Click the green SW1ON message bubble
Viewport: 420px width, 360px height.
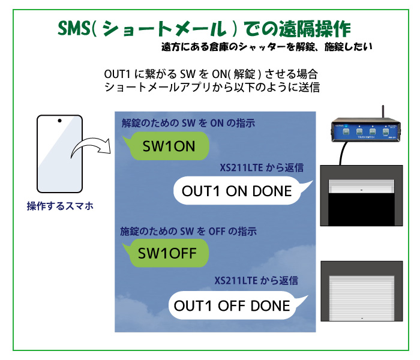click(167, 146)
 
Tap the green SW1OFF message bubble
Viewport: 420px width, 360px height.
click(167, 253)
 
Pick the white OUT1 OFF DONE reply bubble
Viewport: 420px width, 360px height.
click(236, 305)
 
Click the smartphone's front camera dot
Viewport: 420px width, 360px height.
click(59, 121)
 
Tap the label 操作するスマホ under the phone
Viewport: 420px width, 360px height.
click(60, 206)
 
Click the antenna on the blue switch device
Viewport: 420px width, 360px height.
click(383, 112)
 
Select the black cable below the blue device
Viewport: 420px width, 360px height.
click(343, 152)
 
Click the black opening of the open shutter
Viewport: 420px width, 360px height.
click(361, 209)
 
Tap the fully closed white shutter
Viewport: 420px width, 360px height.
click(362, 298)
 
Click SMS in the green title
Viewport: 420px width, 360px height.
click(74, 28)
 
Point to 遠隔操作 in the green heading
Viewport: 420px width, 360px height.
click(314, 29)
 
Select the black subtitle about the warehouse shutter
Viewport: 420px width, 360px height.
click(267, 47)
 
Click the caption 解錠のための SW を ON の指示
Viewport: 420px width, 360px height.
click(188, 123)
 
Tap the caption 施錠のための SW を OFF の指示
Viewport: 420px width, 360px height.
click(188, 231)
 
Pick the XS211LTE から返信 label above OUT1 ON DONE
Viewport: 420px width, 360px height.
click(262, 167)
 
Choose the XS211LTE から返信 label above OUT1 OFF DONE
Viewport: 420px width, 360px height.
click(256, 280)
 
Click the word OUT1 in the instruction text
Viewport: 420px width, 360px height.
click(117, 74)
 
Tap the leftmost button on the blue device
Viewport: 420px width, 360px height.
click(346, 131)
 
